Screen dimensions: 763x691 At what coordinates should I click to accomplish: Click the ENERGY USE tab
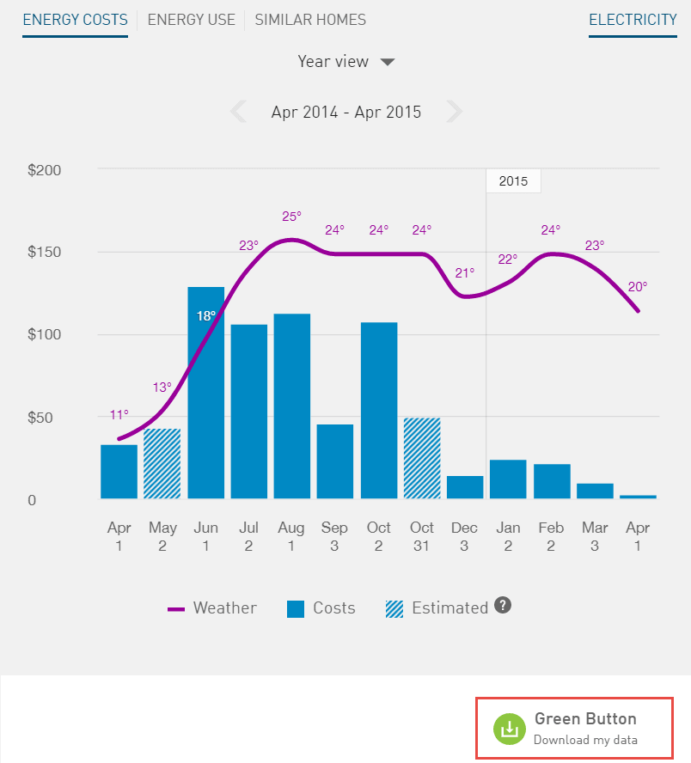191,20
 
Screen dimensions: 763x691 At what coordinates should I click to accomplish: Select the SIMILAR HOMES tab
310,20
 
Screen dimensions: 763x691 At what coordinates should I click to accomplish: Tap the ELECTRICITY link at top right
633,20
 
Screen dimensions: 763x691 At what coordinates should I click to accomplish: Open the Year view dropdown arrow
388,62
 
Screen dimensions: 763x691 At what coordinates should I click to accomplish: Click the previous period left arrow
238,112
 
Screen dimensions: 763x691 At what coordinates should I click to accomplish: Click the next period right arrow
455,112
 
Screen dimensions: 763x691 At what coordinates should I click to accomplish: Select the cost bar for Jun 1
205,395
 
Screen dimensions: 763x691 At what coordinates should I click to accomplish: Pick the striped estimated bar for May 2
162,464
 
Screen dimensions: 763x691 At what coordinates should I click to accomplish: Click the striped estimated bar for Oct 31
422,458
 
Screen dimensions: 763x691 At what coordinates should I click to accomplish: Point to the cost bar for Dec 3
465,487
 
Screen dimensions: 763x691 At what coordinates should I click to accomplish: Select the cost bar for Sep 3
335,461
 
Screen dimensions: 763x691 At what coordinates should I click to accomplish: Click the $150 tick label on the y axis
45,253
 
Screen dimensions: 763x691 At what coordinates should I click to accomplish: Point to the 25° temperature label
292,217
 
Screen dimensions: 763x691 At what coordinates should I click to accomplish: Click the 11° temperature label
119,415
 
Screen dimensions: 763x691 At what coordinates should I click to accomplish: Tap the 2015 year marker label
513,181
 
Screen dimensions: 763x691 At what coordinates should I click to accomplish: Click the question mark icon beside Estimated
504,606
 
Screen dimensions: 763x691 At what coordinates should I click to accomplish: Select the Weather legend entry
212,608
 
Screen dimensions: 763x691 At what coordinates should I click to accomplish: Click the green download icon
509,728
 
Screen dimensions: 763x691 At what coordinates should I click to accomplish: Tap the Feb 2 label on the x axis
551,536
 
